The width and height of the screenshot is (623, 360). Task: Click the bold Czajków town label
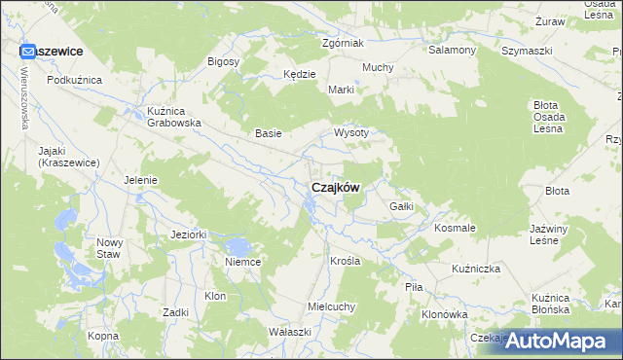pos(335,188)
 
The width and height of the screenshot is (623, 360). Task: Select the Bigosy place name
pos(224,61)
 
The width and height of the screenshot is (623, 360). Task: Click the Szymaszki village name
pos(526,50)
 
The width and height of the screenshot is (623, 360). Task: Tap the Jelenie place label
pos(141,179)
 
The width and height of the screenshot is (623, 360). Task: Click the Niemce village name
pos(242,262)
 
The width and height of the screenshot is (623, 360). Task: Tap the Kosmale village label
pos(455,228)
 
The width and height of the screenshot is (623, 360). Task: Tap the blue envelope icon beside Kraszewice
pos(28,51)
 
